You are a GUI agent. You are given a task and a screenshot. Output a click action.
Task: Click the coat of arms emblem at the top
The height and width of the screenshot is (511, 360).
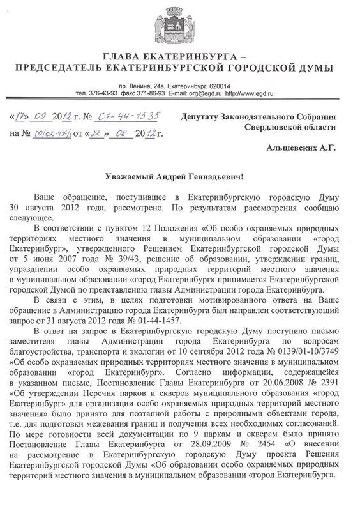point(179,24)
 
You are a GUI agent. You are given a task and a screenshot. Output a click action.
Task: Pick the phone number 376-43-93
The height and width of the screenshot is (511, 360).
point(103,93)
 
